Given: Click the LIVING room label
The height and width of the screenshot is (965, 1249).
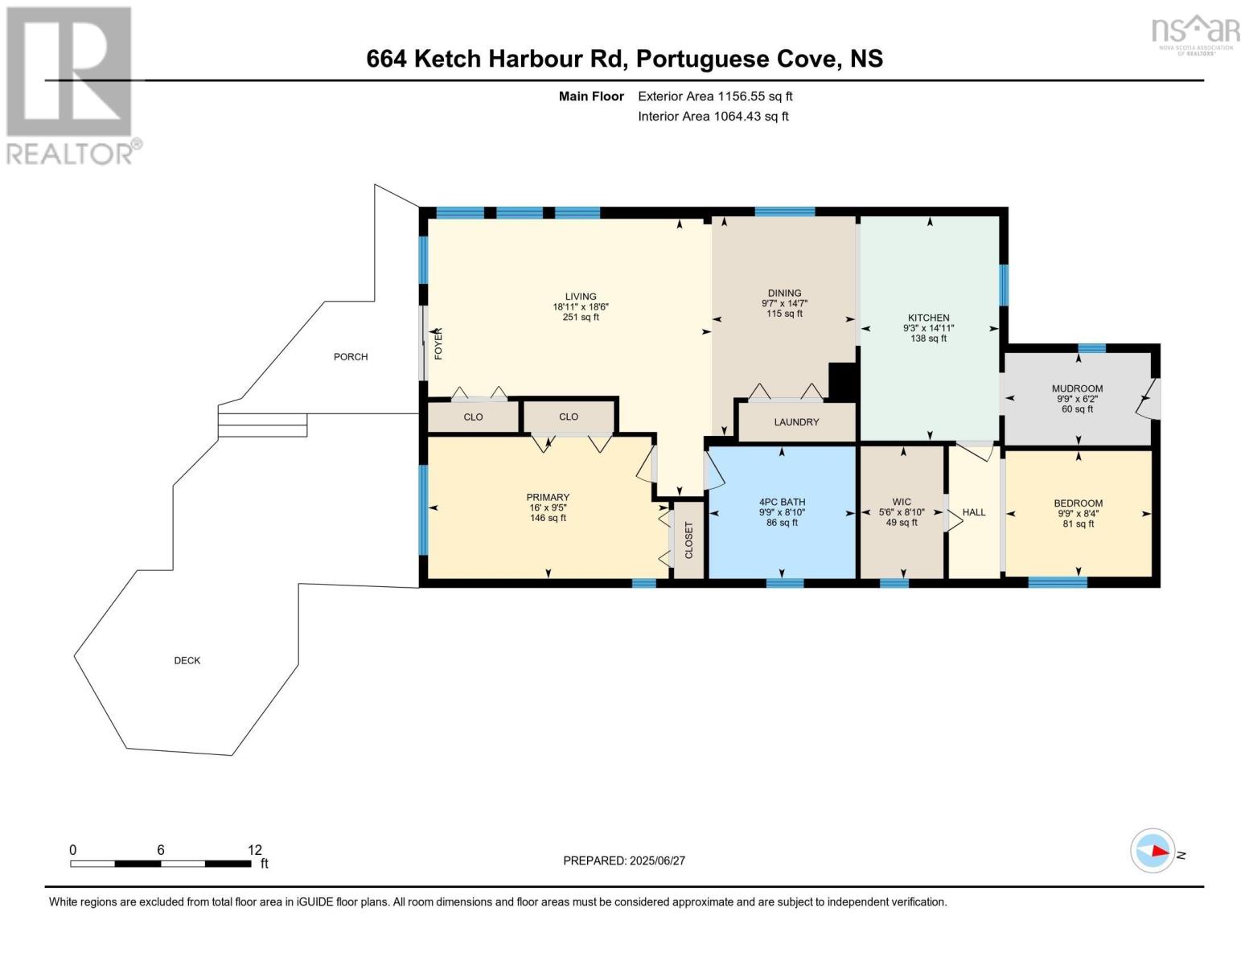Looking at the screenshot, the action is click(x=581, y=297).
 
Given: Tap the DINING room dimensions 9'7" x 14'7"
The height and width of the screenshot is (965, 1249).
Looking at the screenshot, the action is click(x=785, y=303).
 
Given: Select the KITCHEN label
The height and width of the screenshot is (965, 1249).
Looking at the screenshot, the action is click(x=928, y=318).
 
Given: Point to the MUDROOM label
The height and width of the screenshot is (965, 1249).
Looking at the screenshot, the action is click(x=1077, y=388).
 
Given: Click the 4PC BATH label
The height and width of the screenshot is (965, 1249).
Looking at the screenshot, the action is click(x=783, y=503).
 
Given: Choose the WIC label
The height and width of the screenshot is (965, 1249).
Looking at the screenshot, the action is click(x=902, y=503).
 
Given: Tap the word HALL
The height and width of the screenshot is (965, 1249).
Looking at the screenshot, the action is click(x=974, y=512).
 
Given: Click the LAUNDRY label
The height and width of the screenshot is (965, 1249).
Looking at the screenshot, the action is click(x=796, y=422).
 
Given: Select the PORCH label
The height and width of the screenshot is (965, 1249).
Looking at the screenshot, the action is click(x=351, y=357).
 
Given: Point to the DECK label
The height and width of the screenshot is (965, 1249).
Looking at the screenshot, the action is click(x=187, y=661).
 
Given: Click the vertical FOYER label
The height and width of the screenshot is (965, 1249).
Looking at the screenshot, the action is click(x=438, y=343).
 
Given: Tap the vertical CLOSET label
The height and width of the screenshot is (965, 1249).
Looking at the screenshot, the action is click(x=688, y=540).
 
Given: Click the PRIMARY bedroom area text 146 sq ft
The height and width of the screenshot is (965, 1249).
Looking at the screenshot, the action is click(x=548, y=519).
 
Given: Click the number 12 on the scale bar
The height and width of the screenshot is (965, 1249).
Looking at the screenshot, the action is click(x=255, y=850).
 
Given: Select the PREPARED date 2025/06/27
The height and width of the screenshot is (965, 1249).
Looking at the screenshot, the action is click(x=658, y=861).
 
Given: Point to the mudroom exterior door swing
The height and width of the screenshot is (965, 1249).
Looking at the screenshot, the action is click(x=1148, y=399).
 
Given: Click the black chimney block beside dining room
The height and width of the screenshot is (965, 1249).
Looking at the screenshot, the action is click(x=844, y=382).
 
